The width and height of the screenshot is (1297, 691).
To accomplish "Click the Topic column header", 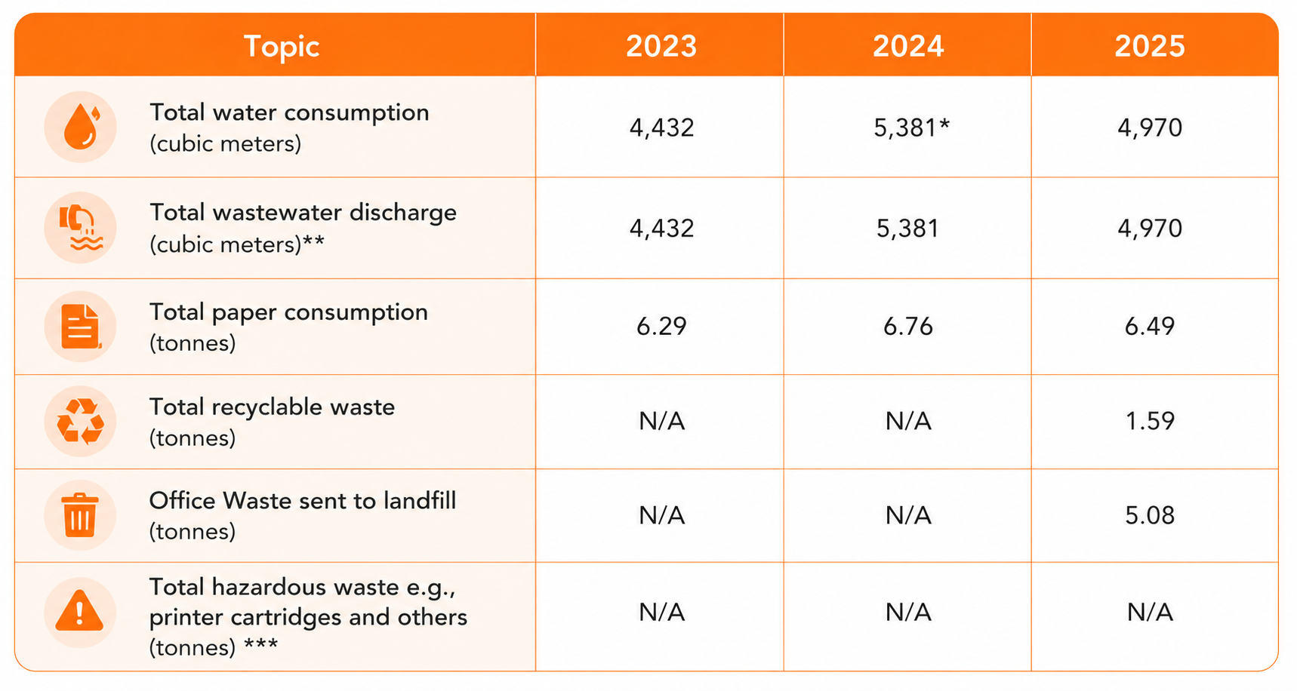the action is (282, 47).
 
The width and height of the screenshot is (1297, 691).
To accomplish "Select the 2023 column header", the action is (661, 47).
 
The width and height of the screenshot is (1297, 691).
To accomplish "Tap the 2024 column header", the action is (908, 47).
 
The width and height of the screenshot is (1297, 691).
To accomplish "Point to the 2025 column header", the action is (1150, 47).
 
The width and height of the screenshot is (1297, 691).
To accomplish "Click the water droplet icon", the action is (82, 127).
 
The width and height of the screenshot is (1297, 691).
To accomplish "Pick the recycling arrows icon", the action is (81, 421).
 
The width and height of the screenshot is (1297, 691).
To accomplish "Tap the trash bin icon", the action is (80, 514).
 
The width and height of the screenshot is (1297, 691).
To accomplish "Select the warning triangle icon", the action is (79, 611).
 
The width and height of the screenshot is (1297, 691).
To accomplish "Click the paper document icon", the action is (81, 327).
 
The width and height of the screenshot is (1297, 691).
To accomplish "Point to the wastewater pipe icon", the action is (81, 227).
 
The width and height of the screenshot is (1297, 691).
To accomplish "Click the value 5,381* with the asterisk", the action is (911, 127).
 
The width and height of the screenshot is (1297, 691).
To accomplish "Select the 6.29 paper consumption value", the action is (661, 326).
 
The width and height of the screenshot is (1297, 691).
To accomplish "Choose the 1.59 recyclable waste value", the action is (1150, 420).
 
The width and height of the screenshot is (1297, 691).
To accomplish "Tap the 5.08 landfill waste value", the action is (1150, 515).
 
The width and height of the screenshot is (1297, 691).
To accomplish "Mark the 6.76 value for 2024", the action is (908, 326).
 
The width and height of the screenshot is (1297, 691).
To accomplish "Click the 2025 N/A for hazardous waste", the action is (1150, 612).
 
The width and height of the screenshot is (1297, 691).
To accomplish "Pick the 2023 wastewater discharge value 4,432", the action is (661, 228).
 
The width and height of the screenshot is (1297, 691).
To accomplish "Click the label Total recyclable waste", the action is (272, 407).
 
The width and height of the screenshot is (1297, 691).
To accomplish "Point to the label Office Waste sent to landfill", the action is (303, 500).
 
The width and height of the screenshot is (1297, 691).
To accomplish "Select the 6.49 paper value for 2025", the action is (1150, 326).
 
